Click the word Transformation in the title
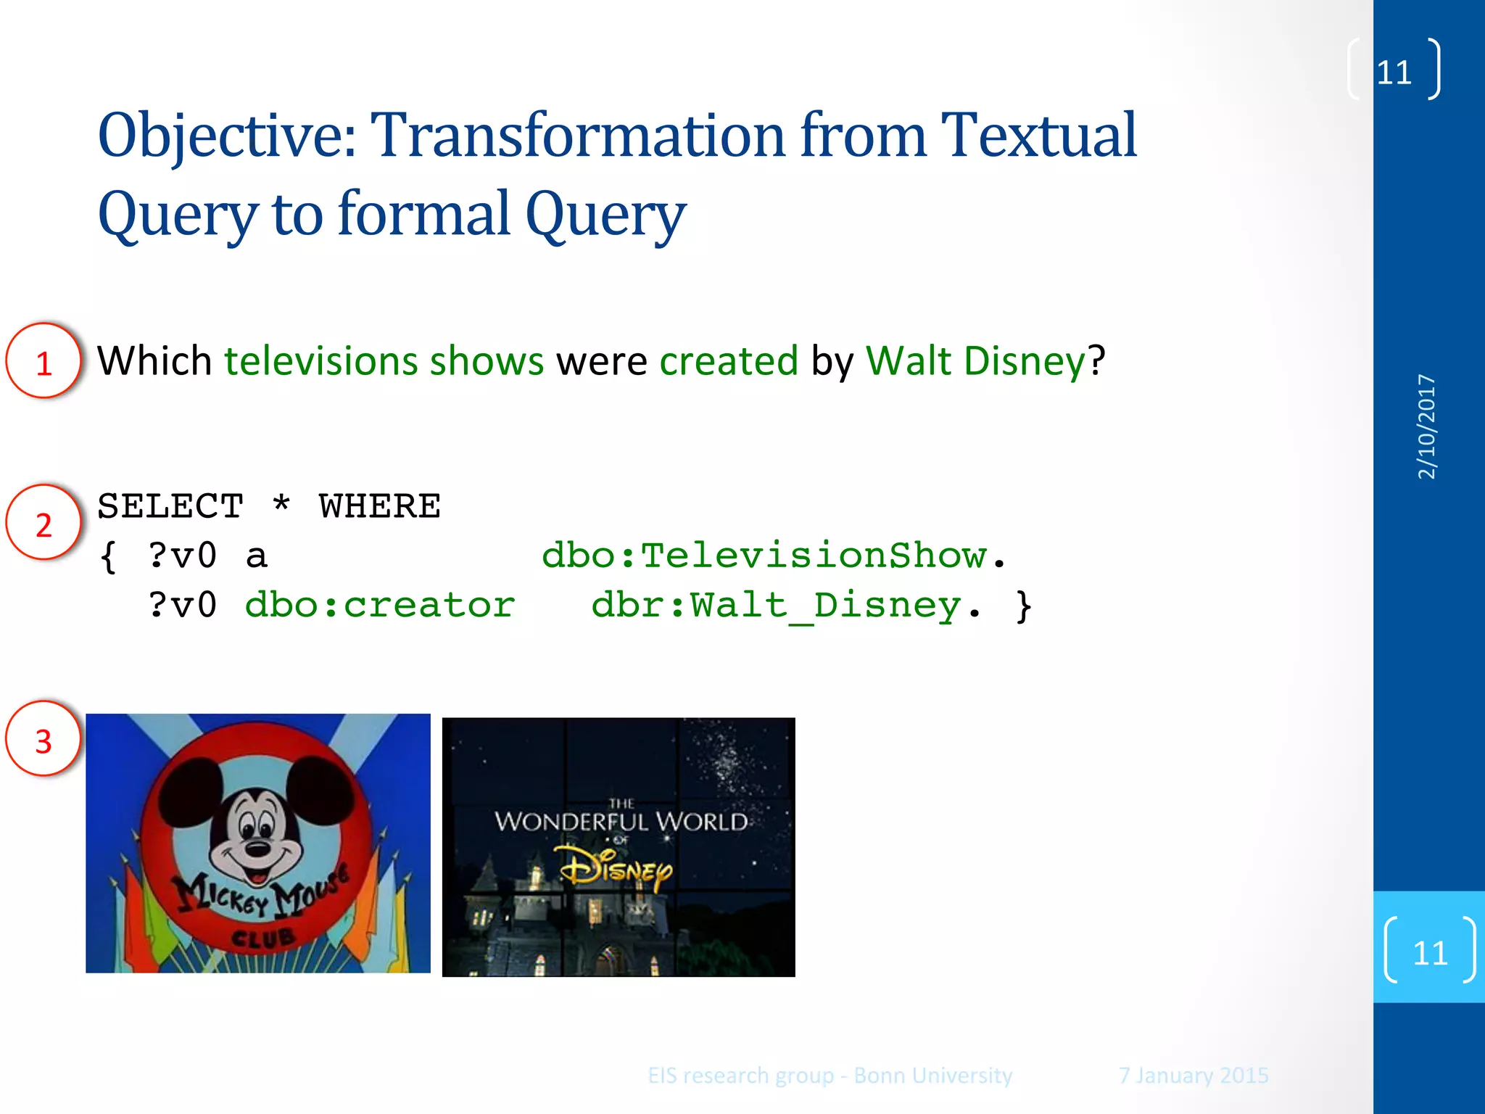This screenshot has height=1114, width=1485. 577,136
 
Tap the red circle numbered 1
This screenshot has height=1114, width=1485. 44,361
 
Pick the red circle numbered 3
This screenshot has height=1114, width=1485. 44,740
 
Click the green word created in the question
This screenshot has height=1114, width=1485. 729,361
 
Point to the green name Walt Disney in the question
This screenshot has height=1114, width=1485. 975,361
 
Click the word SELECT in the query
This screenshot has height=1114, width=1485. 170,506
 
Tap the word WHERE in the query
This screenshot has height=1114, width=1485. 379,506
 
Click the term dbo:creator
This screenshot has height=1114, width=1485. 379,605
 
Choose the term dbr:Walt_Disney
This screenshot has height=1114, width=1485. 776,605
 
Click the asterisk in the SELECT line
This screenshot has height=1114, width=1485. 281,504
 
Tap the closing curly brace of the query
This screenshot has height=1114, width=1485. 1023,606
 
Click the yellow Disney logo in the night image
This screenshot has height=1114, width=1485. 616,869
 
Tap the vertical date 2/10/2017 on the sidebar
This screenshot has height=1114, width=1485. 1426,426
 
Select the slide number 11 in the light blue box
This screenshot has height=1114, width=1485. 1430,952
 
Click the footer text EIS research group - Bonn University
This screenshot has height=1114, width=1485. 830,1075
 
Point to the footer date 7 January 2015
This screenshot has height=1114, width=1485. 1193,1075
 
